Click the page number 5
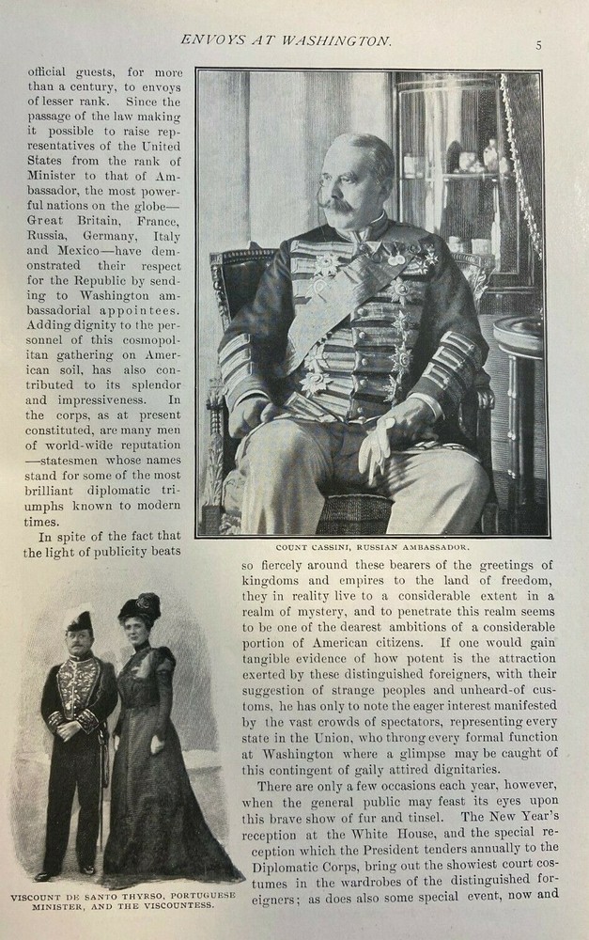click(539, 44)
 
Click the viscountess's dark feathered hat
click(139, 607)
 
